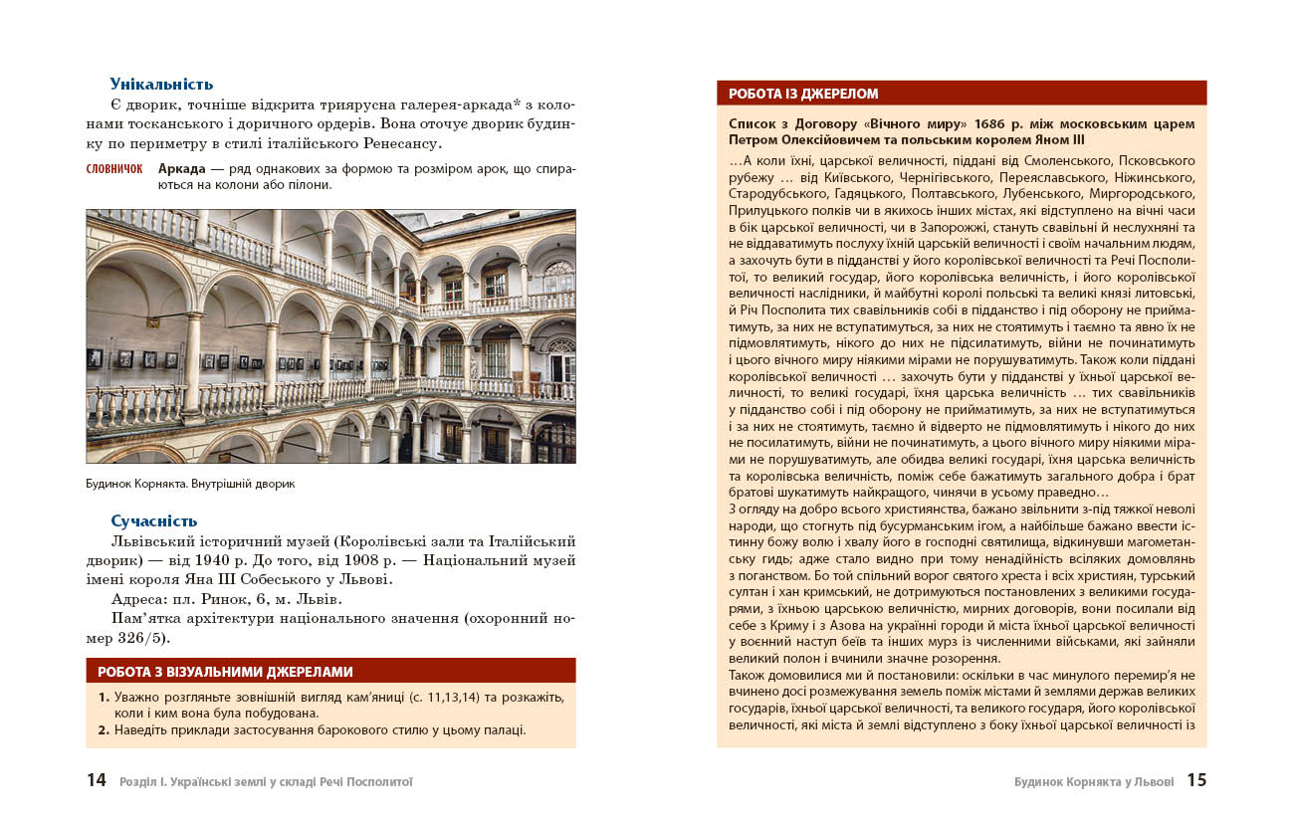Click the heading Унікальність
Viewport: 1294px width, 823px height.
[x=161, y=85]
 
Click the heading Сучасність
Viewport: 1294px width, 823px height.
[x=153, y=520]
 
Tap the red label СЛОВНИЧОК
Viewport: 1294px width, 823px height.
[x=114, y=169]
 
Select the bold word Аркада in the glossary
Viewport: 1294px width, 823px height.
[x=181, y=168]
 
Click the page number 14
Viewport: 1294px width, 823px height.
[x=96, y=781]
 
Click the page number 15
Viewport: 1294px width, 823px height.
[x=1196, y=781]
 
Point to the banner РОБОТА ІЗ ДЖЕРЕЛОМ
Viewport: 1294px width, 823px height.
[x=803, y=94]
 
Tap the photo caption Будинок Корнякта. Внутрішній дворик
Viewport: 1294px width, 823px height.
[x=191, y=485]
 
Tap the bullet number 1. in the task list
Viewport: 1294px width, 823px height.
[x=104, y=697]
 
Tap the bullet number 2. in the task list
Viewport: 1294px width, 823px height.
[x=104, y=729]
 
